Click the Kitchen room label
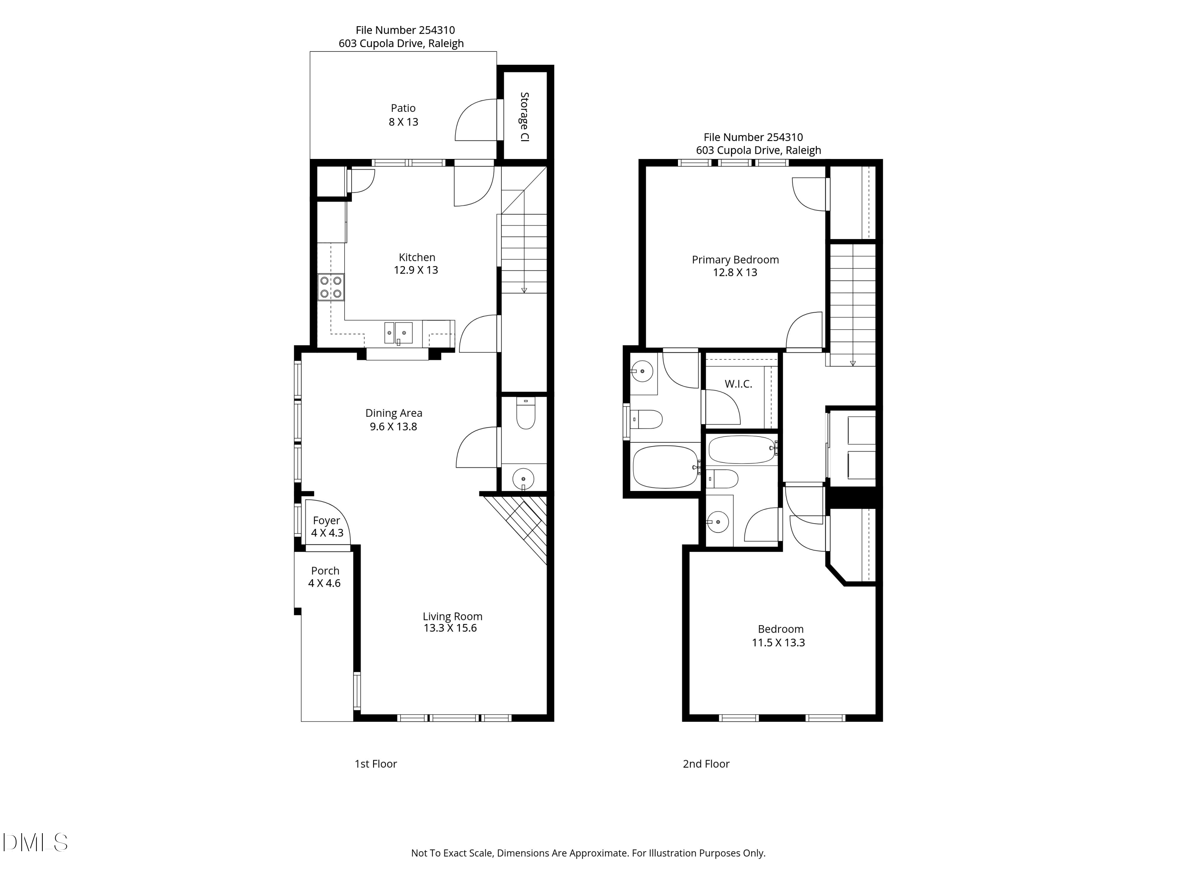417,257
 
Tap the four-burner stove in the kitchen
330,287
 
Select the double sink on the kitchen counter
398,333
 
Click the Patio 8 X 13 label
403,115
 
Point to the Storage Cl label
525,117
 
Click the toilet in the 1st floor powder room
526,415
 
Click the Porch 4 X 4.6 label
324,577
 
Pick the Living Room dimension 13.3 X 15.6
450,628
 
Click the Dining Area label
394,413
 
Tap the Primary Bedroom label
735,260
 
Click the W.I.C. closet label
738,384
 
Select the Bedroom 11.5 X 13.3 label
780,635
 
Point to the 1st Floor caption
376,764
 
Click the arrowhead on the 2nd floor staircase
853,363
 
